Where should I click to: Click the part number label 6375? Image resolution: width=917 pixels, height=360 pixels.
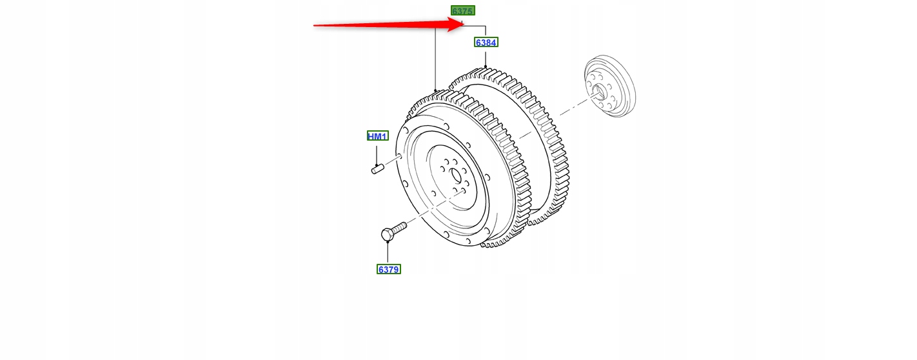click(462, 11)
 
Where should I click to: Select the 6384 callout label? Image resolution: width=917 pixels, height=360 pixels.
click(486, 43)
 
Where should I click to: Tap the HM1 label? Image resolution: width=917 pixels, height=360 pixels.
click(377, 136)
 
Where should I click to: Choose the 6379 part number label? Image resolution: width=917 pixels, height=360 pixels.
click(388, 269)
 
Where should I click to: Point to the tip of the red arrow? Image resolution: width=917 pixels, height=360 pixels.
click(462, 25)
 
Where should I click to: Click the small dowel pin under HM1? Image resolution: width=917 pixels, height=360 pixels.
click(377, 170)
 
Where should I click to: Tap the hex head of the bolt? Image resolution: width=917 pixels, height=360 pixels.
click(387, 235)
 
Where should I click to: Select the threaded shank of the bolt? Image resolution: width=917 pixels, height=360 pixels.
click(399, 226)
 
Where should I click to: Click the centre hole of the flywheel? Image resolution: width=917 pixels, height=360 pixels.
click(455, 175)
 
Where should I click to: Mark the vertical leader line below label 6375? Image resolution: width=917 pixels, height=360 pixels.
click(435, 58)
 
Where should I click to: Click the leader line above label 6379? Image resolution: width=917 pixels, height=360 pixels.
click(388, 253)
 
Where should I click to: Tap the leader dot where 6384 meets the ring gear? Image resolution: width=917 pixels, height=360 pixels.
click(485, 67)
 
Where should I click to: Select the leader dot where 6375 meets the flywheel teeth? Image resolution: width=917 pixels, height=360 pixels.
click(435, 90)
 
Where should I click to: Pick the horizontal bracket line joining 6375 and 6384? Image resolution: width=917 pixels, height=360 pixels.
click(474, 26)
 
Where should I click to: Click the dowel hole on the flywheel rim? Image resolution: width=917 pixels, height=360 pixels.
click(400, 157)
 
